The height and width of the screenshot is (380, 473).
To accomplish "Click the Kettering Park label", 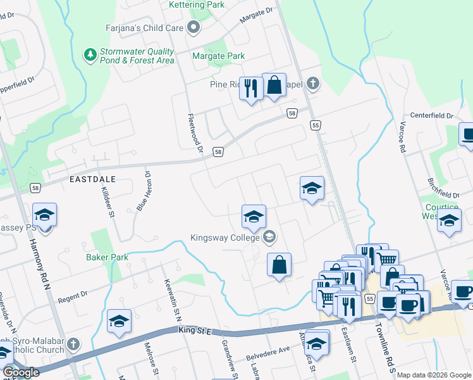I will click(x=197, y=5).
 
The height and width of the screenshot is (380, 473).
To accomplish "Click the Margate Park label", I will click(x=218, y=56).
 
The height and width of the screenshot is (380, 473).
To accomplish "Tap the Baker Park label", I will click(x=107, y=257).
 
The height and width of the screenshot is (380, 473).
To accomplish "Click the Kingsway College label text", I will click(x=225, y=238).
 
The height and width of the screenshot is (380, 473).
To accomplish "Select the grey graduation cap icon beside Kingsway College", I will click(x=269, y=237).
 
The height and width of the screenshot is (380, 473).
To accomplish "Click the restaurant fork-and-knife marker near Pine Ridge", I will click(x=250, y=88).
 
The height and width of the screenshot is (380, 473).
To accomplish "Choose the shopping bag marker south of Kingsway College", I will click(x=279, y=265).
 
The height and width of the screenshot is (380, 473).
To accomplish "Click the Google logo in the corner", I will click(x=20, y=372).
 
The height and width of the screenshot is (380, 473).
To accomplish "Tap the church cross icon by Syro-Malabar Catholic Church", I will click(x=73, y=345).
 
